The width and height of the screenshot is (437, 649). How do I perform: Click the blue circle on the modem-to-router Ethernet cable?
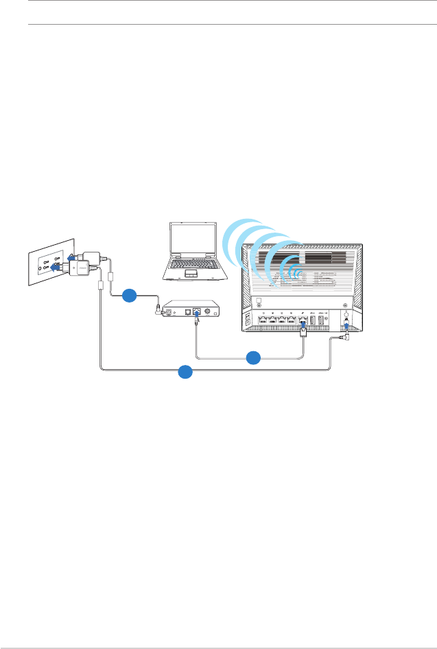pos(253,357)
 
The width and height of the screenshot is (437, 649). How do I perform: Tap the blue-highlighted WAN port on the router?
pos(303,320)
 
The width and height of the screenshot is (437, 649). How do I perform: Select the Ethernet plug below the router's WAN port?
pos(303,332)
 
